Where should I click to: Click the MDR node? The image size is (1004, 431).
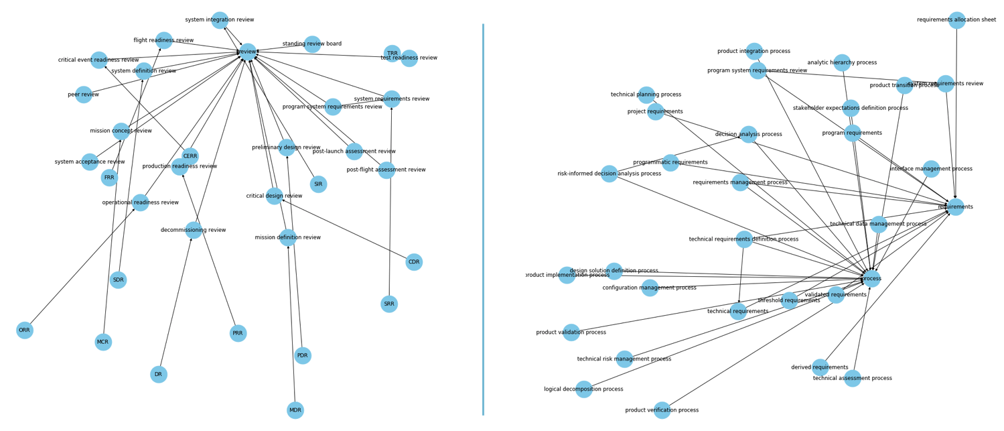pyautogui.click(x=295, y=410)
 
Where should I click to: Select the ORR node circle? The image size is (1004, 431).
pyautogui.click(x=25, y=330)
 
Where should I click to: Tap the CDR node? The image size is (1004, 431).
pyautogui.click(x=414, y=262)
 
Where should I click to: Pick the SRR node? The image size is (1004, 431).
pyautogui.click(x=389, y=304)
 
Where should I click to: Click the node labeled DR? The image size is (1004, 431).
pyautogui.click(x=159, y=375)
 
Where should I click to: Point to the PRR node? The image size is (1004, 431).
pyautogui.click(x=238, y=333)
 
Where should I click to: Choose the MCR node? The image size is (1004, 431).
pyautogui.click(x=103, y=343)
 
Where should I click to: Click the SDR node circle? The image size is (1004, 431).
pyautogui.click(x=118, y=280)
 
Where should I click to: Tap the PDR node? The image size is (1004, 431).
pyautogui.click(x=303, y=356)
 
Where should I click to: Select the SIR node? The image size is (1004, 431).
pyautogui.click(x=319, y=184)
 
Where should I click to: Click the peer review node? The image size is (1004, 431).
pyautogui.click(x=84, y=95)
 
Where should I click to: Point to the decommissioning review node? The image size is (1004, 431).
pyautogui.click(x=194, y=230)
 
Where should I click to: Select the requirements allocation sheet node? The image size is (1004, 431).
pyautogui.click(x=956, y=20)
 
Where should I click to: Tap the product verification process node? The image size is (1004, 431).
pyautogui.click(x=662, y=410)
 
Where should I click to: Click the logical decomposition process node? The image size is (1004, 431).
pyautogui.click(x=584, y=389)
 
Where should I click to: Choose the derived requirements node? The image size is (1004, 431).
pyautogui.click(x=820, y=367)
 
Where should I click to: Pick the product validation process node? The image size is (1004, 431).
pyautogui.click(x=571, y=332)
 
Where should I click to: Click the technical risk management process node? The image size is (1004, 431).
pyautogui.click(x=624, y=359)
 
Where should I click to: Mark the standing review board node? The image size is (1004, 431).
pyautogui.click(x=312, y=44)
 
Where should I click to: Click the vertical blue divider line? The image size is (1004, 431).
pyautogui.click(x=483, y=221)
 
